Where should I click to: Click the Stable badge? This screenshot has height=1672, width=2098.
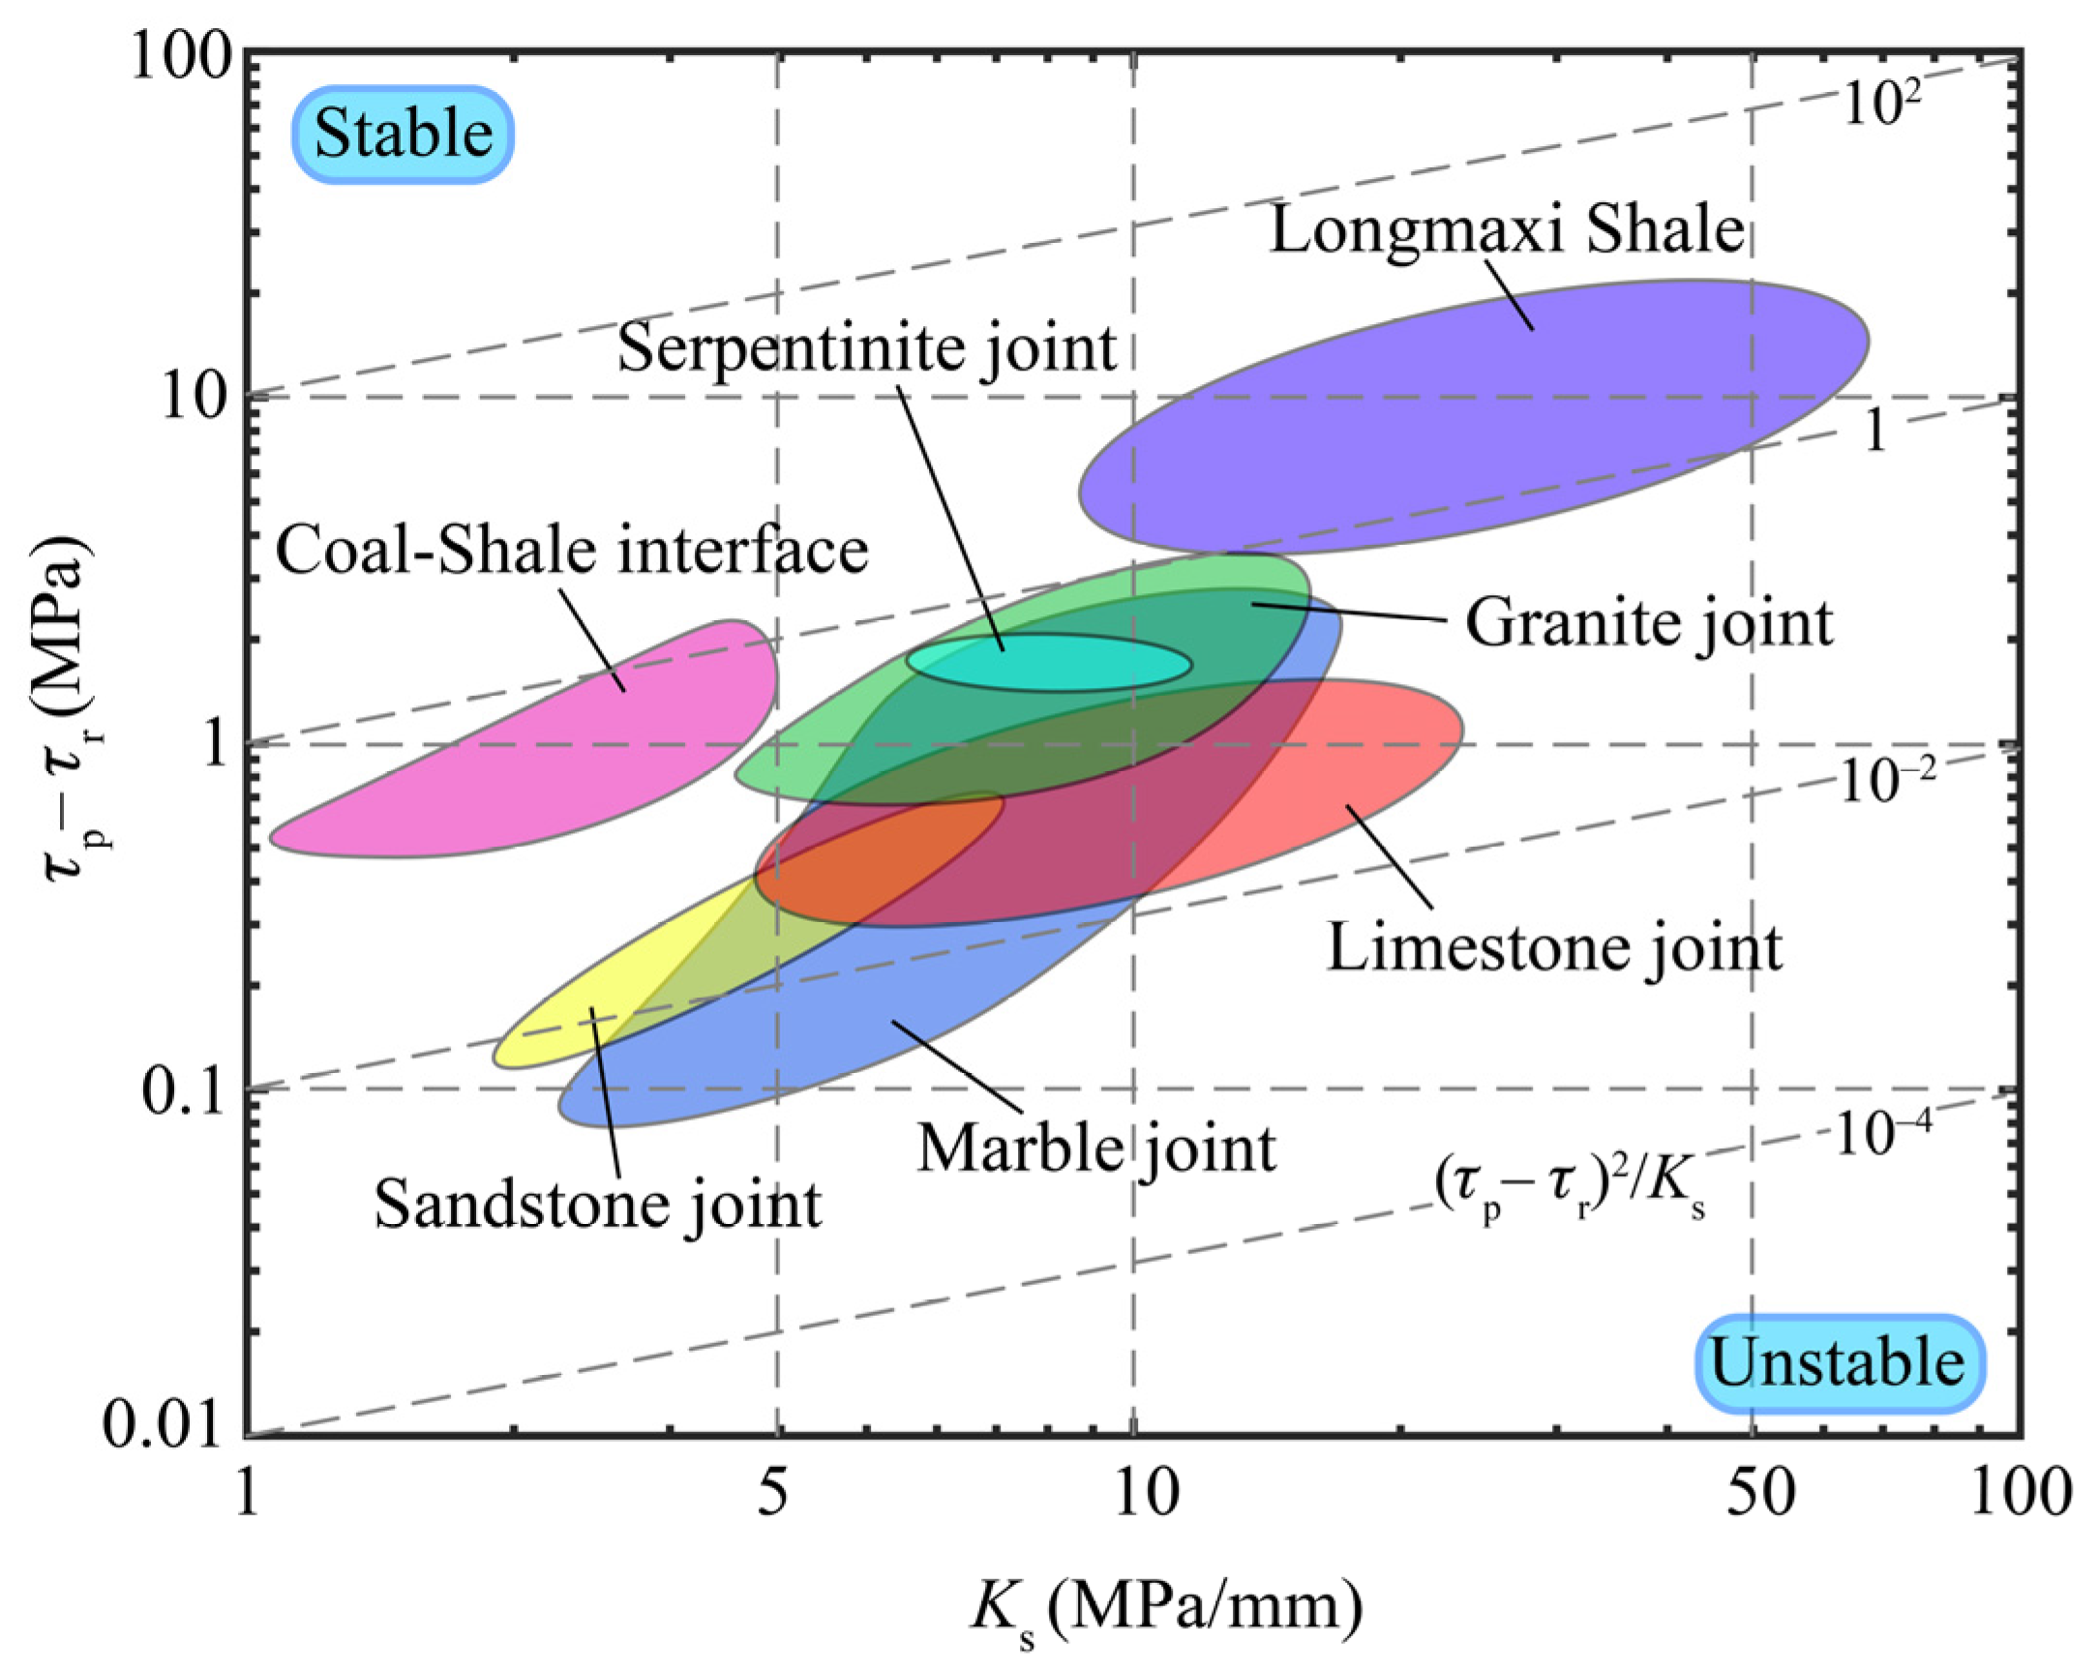pyautogui.click(x=403, y=134)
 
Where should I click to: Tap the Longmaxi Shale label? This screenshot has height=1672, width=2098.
pyautogui.click(x=1507, y=231)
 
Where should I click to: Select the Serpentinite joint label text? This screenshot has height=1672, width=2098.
pyautogui.click(x=866, y=347)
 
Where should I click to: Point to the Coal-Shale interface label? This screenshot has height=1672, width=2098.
pyautogui.click(x=571, y=550)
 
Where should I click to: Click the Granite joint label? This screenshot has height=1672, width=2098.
pyautogui.click(x=1648, y=623)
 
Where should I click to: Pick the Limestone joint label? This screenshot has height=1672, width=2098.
pyautogui.click(x=1554, y=948)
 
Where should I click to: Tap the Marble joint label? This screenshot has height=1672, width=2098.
pyautogui.click(x=1095, y=1149)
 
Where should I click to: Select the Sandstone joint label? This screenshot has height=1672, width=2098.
pyautogui.click(x=597, y=1204)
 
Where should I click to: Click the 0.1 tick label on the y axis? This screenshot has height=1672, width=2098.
pyautogui.click(x=183, y=1091)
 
